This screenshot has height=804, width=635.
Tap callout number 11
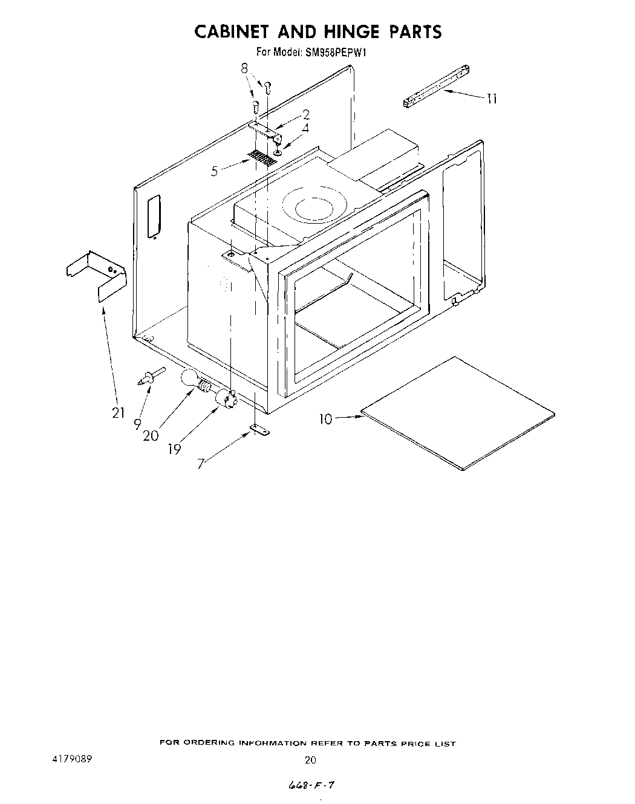pos(492,99)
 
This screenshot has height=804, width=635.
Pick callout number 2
pos(306,114)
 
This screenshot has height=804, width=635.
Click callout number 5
pos(215,171)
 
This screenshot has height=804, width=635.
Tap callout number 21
pos(119,412)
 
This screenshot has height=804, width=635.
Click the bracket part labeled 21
pos(97,275)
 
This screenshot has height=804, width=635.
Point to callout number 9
pos(138,423)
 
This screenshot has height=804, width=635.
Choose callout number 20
pos(151,434)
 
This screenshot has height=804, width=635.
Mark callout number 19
pos(174,449)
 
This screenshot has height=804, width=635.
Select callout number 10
pos(326,418)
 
